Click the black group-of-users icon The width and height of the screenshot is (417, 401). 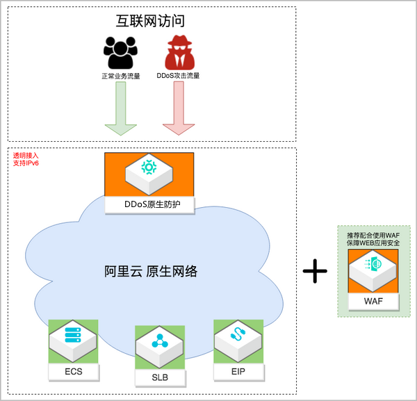(120, 53)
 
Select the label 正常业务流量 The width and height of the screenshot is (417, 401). (120, 76)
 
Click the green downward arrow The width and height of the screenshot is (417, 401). (120, 112)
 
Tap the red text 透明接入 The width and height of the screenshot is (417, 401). (26, 156)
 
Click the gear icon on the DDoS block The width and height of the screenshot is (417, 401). (149, 167)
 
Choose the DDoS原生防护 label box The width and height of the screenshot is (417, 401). (149, 204)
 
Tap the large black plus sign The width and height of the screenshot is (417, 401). (315, 271)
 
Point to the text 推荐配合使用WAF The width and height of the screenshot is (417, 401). (373, 236)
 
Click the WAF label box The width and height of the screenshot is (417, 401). (373, 300)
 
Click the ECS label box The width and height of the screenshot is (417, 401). (73, 372)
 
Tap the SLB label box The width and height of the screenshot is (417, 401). (160, 377)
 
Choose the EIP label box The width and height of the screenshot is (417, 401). (238, 373)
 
